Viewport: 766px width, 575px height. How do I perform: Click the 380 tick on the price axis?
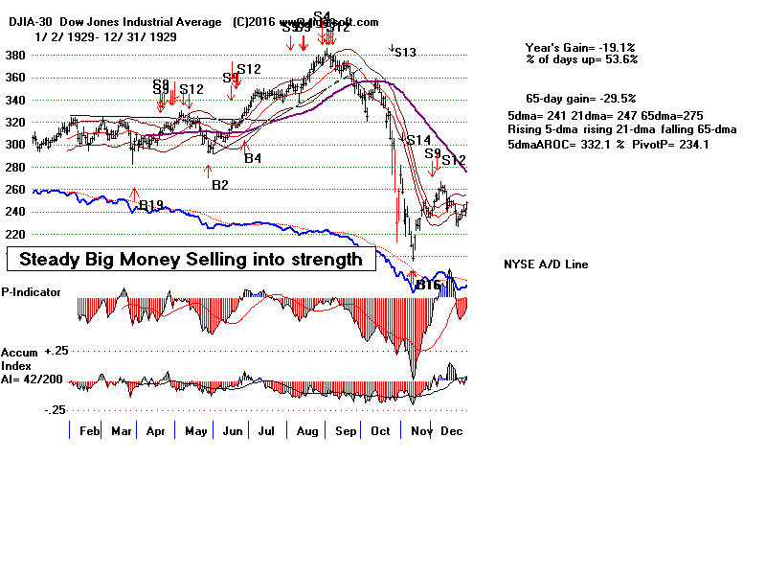(x=14, y=55)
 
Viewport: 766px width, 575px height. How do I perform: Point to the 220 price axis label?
(x=14, y=234)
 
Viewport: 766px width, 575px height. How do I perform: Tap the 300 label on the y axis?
(x=14, y=145)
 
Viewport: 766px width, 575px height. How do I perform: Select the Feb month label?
(x=89, y=432)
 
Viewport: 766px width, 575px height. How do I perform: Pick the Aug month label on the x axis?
(x=306, y=432)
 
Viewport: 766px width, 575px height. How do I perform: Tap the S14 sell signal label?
(x=418, y=140)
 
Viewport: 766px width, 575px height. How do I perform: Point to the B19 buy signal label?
(x=151, y=205)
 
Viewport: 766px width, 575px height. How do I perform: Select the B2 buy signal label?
(x=220, y=183)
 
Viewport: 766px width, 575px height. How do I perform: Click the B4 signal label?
(x=253, y=158)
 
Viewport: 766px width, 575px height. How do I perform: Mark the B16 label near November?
(x=427, y=285)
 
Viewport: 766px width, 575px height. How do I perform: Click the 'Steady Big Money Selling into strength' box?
(x=191, y=260)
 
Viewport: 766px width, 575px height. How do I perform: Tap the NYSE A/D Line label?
(x=546, y=264)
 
